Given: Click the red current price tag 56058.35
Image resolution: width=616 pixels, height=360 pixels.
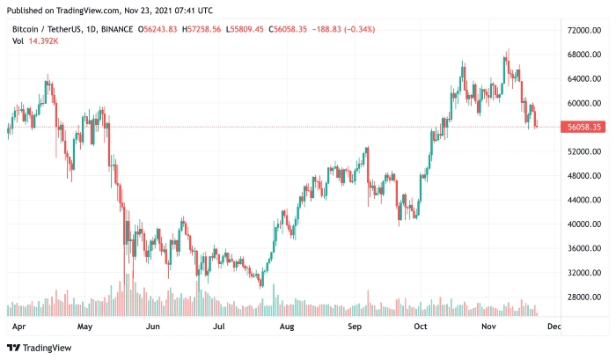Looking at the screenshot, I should tap(583, 128).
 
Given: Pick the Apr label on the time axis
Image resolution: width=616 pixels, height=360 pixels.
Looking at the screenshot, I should tap(18, 326).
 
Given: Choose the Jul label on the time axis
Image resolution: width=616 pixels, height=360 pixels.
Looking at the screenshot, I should tap(220, 326).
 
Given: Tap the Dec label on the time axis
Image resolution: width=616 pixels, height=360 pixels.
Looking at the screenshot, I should tap(554, 326).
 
